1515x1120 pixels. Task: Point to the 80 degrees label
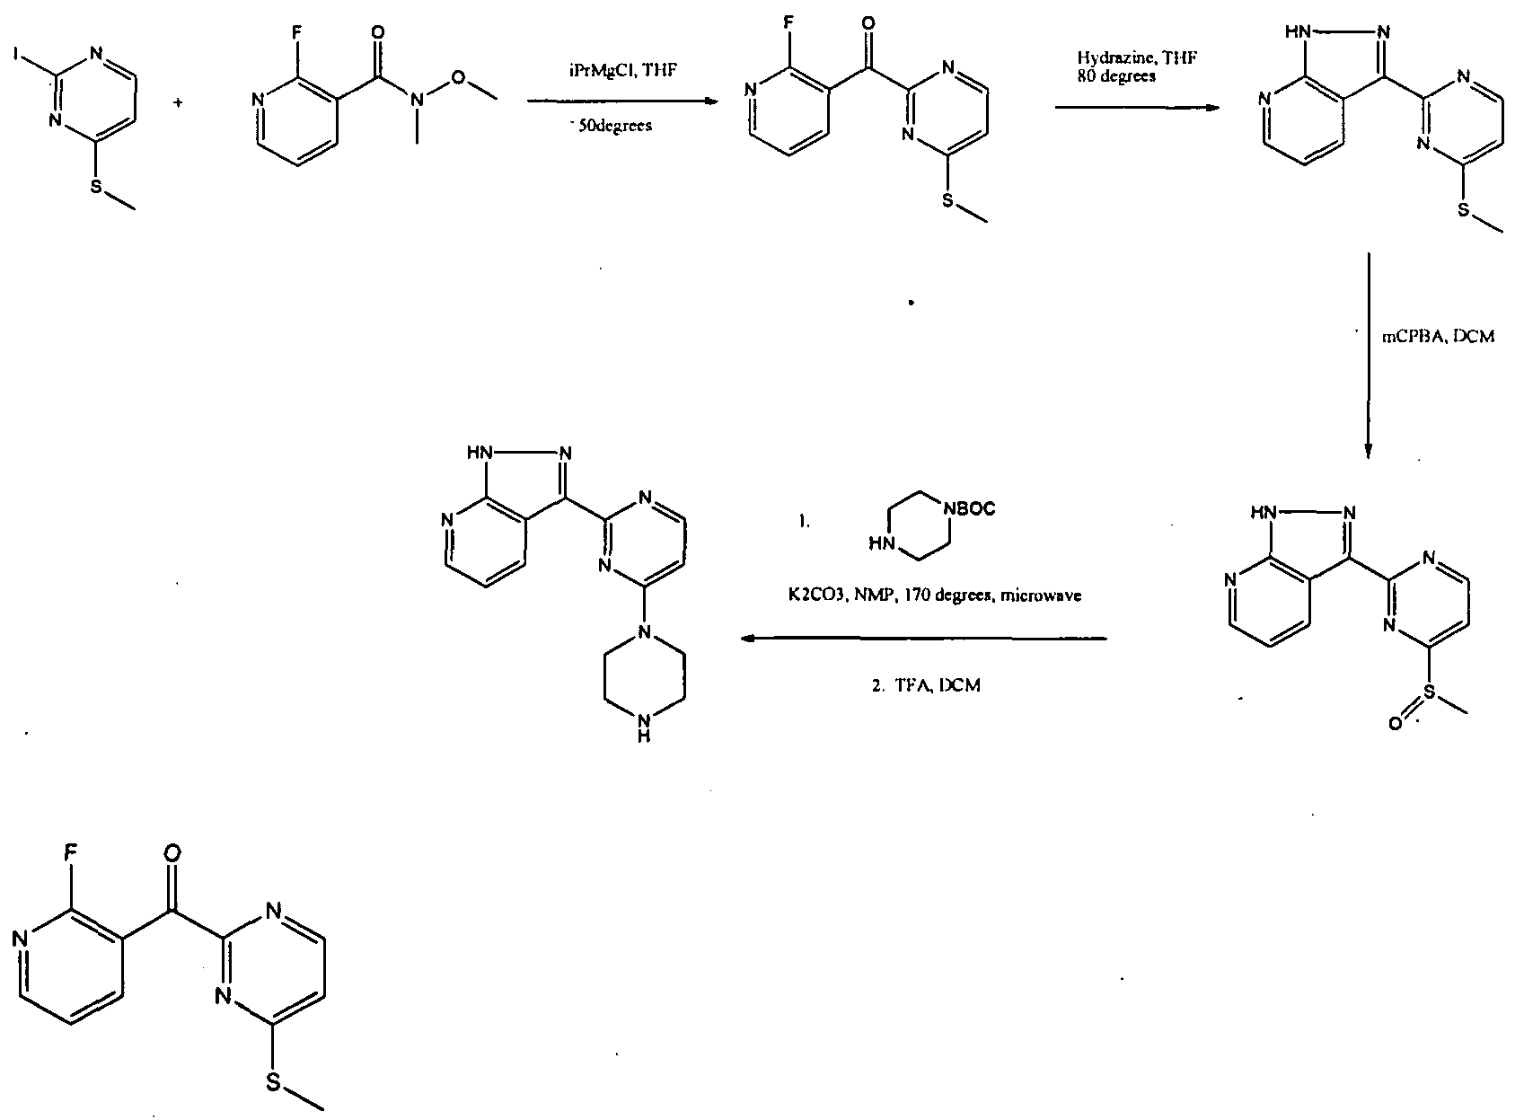pyautogui.click(x=1117, y=76)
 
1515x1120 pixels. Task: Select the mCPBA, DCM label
pyautogui.click(x=1437, y=340)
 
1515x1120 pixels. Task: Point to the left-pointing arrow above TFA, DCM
pyautogui.click(x=924, y=639)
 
